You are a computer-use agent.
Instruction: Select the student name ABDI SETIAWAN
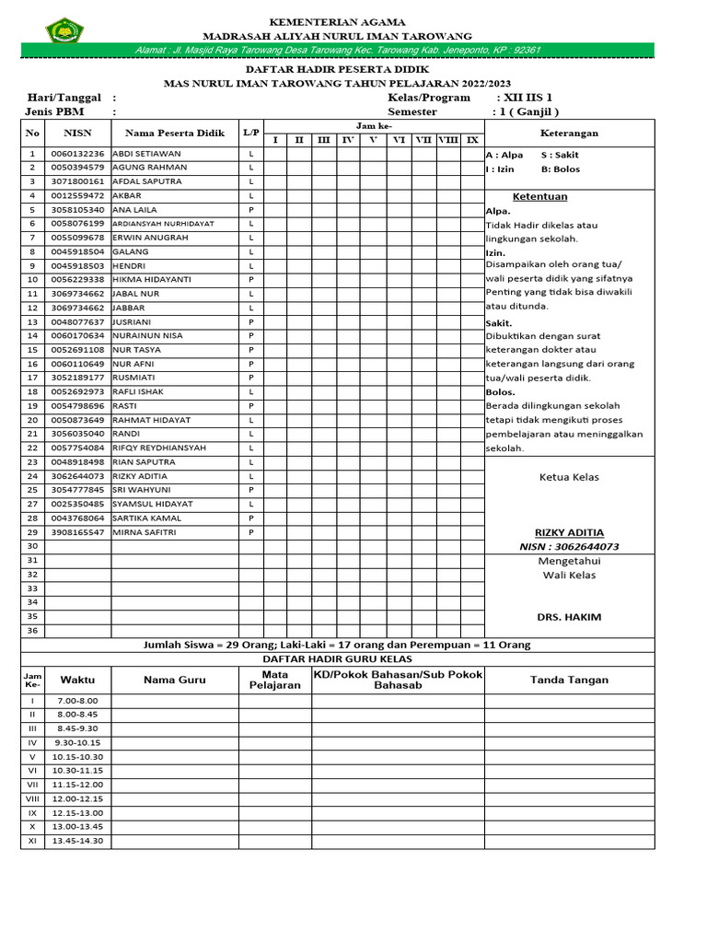146,153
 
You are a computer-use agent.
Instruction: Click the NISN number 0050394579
78,168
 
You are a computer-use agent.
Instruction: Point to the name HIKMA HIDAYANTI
152,279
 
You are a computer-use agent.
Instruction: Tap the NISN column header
78,133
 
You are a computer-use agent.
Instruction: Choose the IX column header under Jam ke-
472,140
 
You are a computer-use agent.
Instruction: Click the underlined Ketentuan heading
539,196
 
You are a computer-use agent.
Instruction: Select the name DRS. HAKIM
569,617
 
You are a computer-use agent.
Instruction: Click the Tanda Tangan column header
569,680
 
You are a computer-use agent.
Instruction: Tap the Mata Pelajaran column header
275,680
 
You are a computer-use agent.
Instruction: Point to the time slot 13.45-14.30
78,841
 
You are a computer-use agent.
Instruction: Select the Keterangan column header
569,133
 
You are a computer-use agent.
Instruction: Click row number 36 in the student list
32,631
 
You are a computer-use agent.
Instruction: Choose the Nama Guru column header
175,680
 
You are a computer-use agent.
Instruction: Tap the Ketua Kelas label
569,477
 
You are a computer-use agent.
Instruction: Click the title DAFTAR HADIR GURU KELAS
338,659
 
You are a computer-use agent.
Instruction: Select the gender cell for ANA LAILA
251,209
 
